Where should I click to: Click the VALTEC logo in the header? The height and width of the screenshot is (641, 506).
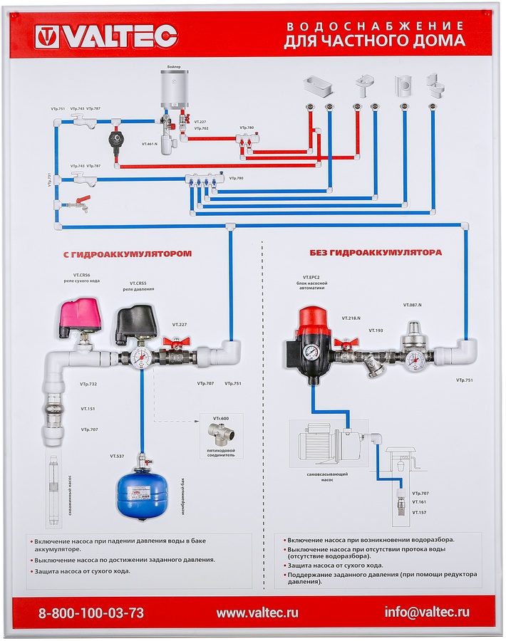105,36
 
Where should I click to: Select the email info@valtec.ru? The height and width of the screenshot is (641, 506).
427,612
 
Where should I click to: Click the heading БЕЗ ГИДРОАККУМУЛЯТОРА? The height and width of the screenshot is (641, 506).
376,253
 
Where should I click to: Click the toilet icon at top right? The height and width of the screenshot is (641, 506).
434,85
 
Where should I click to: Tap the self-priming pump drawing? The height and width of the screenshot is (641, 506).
319,442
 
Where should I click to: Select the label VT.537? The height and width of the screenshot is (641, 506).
117,456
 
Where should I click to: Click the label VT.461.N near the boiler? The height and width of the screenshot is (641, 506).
149,144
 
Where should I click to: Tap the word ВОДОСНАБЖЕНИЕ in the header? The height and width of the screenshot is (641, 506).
374,26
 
